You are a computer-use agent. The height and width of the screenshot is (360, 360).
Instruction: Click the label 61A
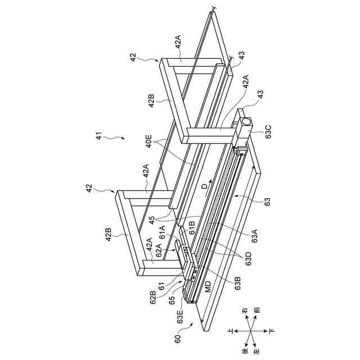(x=163, y=230)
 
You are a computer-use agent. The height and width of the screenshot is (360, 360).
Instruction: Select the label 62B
(x=152, y=295)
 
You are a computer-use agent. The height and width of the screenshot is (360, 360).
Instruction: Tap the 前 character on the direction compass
(x=256, y=310)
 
